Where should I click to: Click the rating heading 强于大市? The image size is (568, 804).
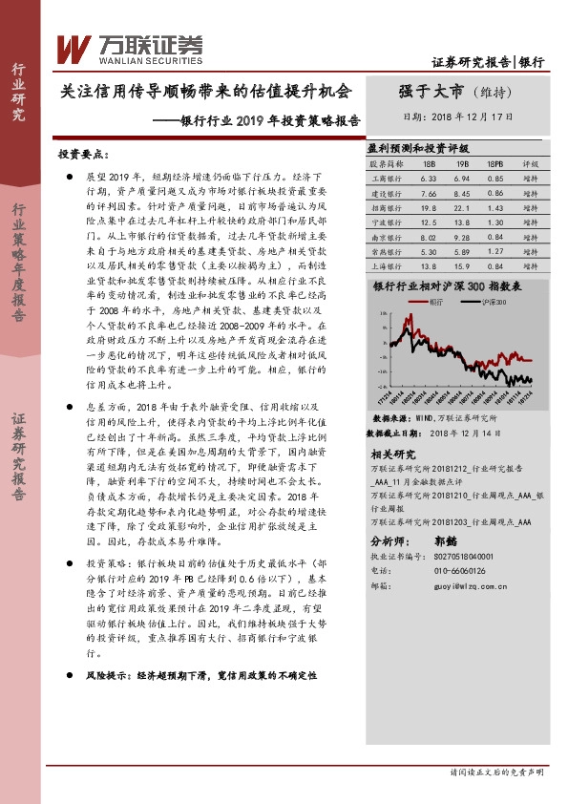(x=431, y=92)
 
